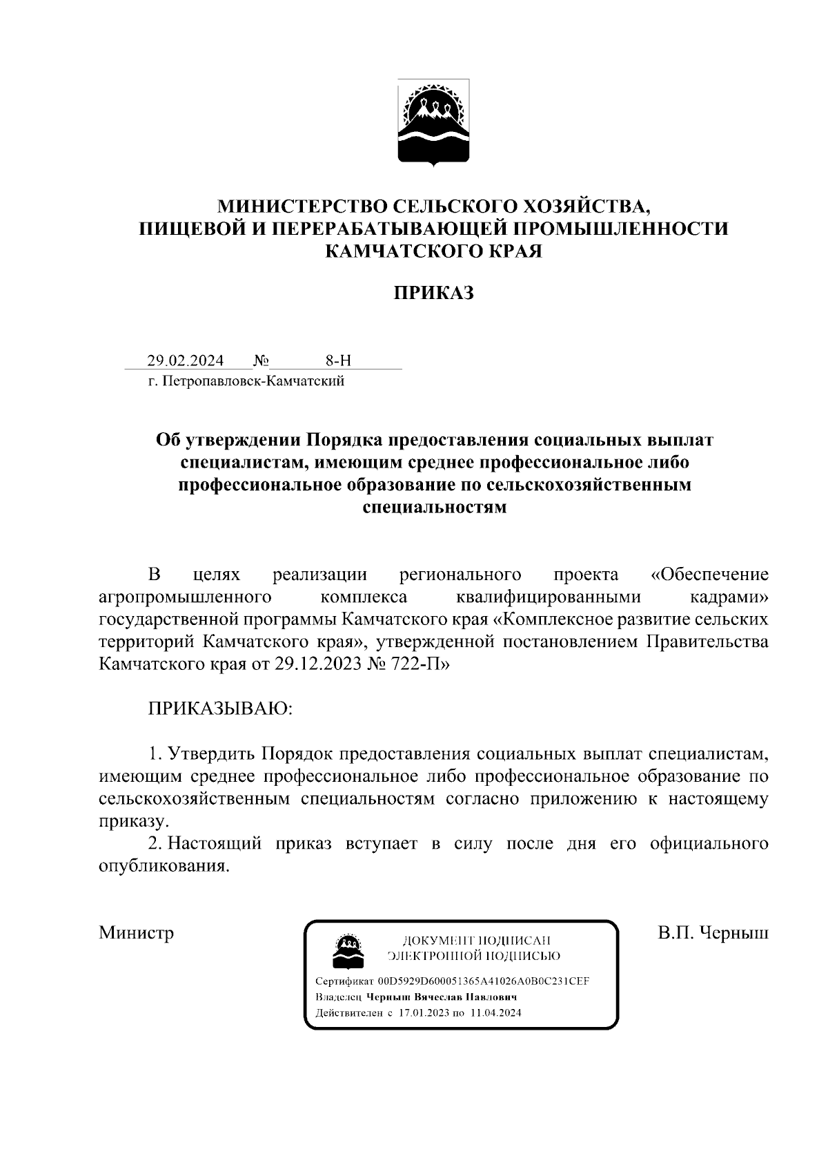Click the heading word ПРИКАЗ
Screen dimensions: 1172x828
434,294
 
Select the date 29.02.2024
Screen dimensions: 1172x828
185,361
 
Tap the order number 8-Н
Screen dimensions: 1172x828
338,361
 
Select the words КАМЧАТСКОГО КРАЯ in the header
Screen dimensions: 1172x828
434,251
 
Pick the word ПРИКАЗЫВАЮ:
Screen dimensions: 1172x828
220,709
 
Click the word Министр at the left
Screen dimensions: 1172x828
136,933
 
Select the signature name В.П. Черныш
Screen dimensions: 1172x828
713,933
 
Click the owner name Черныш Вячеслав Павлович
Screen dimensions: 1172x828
442,997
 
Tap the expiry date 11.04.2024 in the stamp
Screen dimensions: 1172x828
495,1013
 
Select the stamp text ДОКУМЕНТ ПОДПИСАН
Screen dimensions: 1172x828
475,940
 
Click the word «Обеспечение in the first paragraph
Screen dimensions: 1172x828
709,575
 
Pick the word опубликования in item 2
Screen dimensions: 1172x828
164,866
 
